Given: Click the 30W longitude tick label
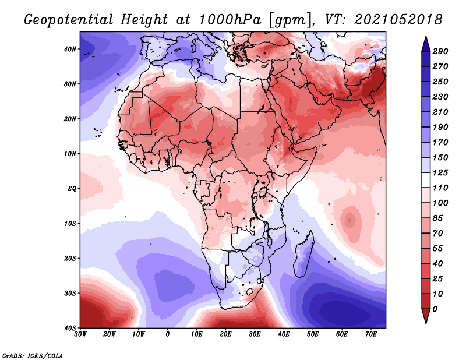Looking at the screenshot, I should coord(80,334).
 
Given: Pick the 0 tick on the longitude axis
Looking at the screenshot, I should coord(168,334).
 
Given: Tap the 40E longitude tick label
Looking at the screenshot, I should coord(284,334).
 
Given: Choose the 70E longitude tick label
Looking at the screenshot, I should coord(371,334).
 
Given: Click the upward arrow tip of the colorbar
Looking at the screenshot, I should coord(426,37).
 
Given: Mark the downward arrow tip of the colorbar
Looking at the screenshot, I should coord(426,322).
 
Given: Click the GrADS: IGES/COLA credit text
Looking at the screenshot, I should coord(33,355).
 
